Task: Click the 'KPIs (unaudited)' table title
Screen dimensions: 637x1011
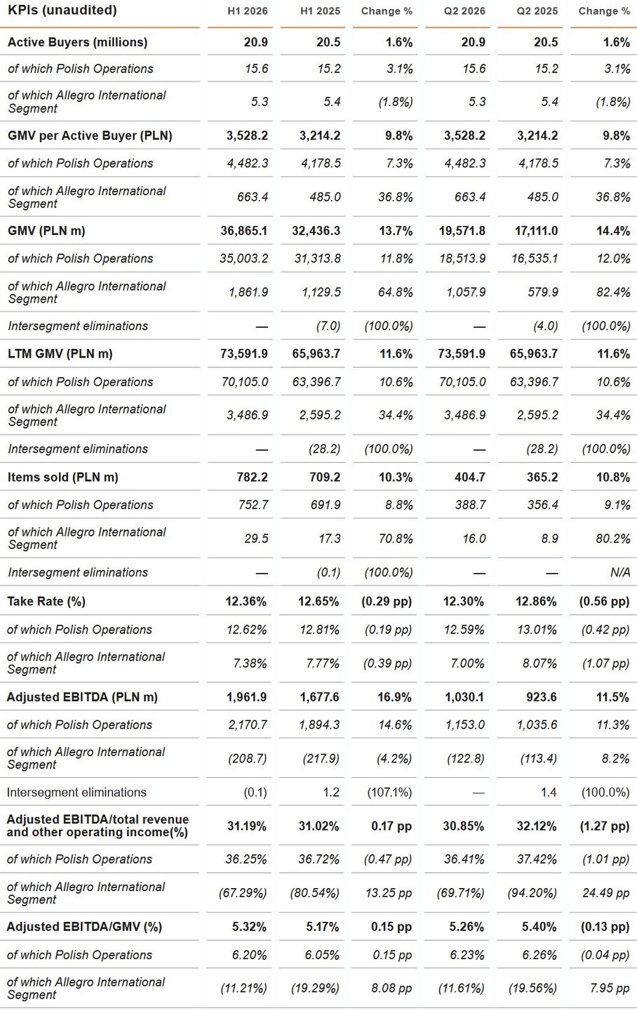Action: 62,10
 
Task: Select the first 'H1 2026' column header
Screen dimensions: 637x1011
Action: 247,11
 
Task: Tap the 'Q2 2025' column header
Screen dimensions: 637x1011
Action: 537,11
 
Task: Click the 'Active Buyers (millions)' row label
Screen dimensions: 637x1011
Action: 78,42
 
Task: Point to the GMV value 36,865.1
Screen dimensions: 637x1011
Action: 243,230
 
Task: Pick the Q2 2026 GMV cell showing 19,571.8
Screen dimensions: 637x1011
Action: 462,230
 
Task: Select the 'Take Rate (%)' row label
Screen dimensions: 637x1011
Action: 46,601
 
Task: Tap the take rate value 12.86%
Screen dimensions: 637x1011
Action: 536,601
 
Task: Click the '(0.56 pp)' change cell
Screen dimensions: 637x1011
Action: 604,601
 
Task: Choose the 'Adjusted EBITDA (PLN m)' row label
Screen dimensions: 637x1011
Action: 82,697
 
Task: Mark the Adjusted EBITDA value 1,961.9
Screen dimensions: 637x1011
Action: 246,697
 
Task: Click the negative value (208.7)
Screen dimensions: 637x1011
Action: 247,758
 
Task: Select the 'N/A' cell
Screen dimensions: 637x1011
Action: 620,572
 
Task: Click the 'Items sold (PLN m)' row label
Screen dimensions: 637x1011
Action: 63,477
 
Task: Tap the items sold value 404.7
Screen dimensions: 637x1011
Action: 469,477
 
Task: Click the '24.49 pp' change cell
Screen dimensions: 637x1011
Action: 605,893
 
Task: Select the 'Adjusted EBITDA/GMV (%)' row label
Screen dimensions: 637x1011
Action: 84,927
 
